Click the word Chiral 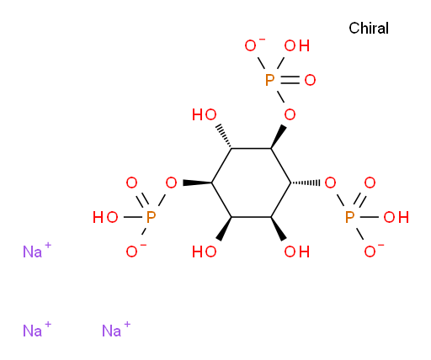click(x=369, y=28)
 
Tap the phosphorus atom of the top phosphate click(x=269, y=80)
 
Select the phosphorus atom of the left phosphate click(x=151, y=217)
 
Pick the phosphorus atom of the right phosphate click(x=350, y=217)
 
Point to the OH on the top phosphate click(x=297, y=45)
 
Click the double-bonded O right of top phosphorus click(x=310, y=80)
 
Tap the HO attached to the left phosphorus click(x=105, y=217)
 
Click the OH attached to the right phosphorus click(x=396, y=217)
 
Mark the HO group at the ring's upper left click(x=205, y=114)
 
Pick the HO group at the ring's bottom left click(x=205, y=251)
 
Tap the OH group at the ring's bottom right click(x=297, y=251)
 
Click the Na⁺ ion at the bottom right click(x=116, y=329)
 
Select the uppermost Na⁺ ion click(x=37, y=250)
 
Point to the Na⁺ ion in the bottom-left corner click(x=37, y=329)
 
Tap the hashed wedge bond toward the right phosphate click(x=306, y=183)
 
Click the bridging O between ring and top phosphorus click(x=290, y=114)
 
